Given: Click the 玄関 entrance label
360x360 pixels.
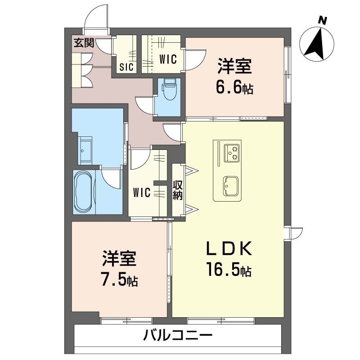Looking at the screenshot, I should pyautogui.click(x=84, y=43).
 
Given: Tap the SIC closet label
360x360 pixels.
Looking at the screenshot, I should pyautogui.click(x=126, y=68).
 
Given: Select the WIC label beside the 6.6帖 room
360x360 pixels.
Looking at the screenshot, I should pyautogui.click(x=168, y=59).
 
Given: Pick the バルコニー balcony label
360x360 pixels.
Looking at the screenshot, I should pyautogui.click(x=178, y=335).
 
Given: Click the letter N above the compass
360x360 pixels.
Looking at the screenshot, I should pyautogui.click(x=321, y=20).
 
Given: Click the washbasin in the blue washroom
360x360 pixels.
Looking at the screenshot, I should pyautogui.click(x=86, y=149).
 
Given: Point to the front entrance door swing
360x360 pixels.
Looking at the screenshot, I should pyautogui.click(x=97, y=18).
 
